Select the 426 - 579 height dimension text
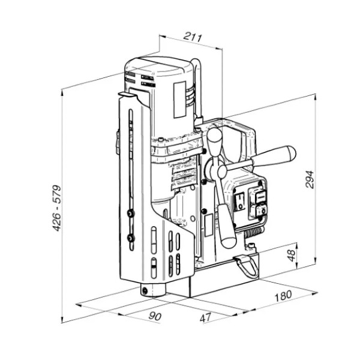click(x=57, y=208)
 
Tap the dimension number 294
click(x=310, y=179)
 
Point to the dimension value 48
click(x=292, y=256)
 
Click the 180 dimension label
click(x=283, y=296)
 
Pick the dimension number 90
click(x=155, y=316)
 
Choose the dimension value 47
click(x=205, y=318)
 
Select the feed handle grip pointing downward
click(x=226, y=226)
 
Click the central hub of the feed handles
click(x=222, y=171)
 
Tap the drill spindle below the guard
click(x=152, y=290)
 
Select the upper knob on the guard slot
click(x=131, y=214)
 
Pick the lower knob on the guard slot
click(x=131, y=238)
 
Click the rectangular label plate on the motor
click(x=180, y=100)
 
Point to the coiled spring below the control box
click(x=253, y=233)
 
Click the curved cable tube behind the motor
click(x=198, y=87)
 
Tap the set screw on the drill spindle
click(x=145, y=291)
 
